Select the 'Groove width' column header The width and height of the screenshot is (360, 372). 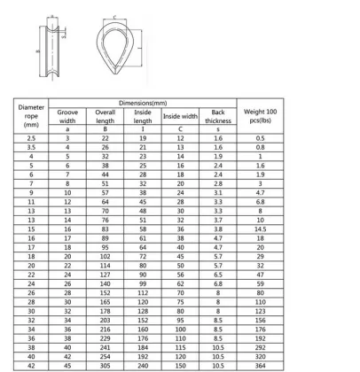click(x=67, y=117)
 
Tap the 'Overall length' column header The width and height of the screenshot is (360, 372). click(x=106, y=117)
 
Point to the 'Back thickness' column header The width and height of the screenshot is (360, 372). click(x=218, y=117)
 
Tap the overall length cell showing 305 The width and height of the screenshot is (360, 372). click(x=106, y=366)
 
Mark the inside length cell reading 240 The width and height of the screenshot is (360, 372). click(x=143, y=366)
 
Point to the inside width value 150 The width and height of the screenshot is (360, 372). click(x=180, y=366)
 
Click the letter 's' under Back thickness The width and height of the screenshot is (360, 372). click(x=218, y=130)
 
